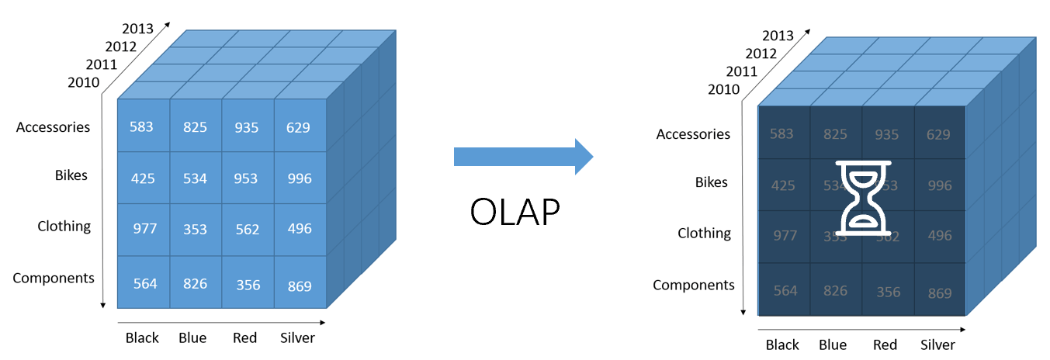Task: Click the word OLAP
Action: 514,211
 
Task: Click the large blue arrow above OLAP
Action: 522,157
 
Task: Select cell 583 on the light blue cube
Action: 142,126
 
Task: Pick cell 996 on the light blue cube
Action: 299,178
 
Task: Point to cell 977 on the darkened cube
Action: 785,236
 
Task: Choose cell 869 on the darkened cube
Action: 939,293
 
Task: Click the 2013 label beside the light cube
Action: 137,29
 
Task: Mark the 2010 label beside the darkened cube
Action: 723,90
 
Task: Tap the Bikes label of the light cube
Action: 71,175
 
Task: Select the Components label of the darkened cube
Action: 693,285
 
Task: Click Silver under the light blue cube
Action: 297,337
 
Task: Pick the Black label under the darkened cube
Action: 782,345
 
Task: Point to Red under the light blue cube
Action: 244,337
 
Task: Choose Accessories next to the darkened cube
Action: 693,134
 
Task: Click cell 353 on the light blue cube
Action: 195,229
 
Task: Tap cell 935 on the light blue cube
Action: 247,126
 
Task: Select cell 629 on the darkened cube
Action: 938,134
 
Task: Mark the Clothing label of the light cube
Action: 64,227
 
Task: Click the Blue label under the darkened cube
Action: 833,345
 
